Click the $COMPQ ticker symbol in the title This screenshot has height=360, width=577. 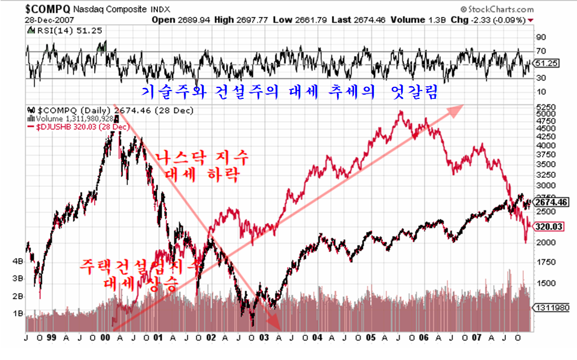click(48, 10)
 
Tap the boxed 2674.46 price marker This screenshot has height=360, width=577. click(553, 202)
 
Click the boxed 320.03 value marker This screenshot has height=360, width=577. click(550, 227)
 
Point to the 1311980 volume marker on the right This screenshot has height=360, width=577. click(554, 307)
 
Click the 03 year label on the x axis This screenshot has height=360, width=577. click(263, 338)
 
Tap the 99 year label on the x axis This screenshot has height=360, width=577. click(53, 338)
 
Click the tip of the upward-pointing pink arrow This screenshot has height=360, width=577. click(465, 105)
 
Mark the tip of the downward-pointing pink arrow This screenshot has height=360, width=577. click(280, 329)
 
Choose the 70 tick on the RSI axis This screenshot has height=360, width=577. click(541, 51)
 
